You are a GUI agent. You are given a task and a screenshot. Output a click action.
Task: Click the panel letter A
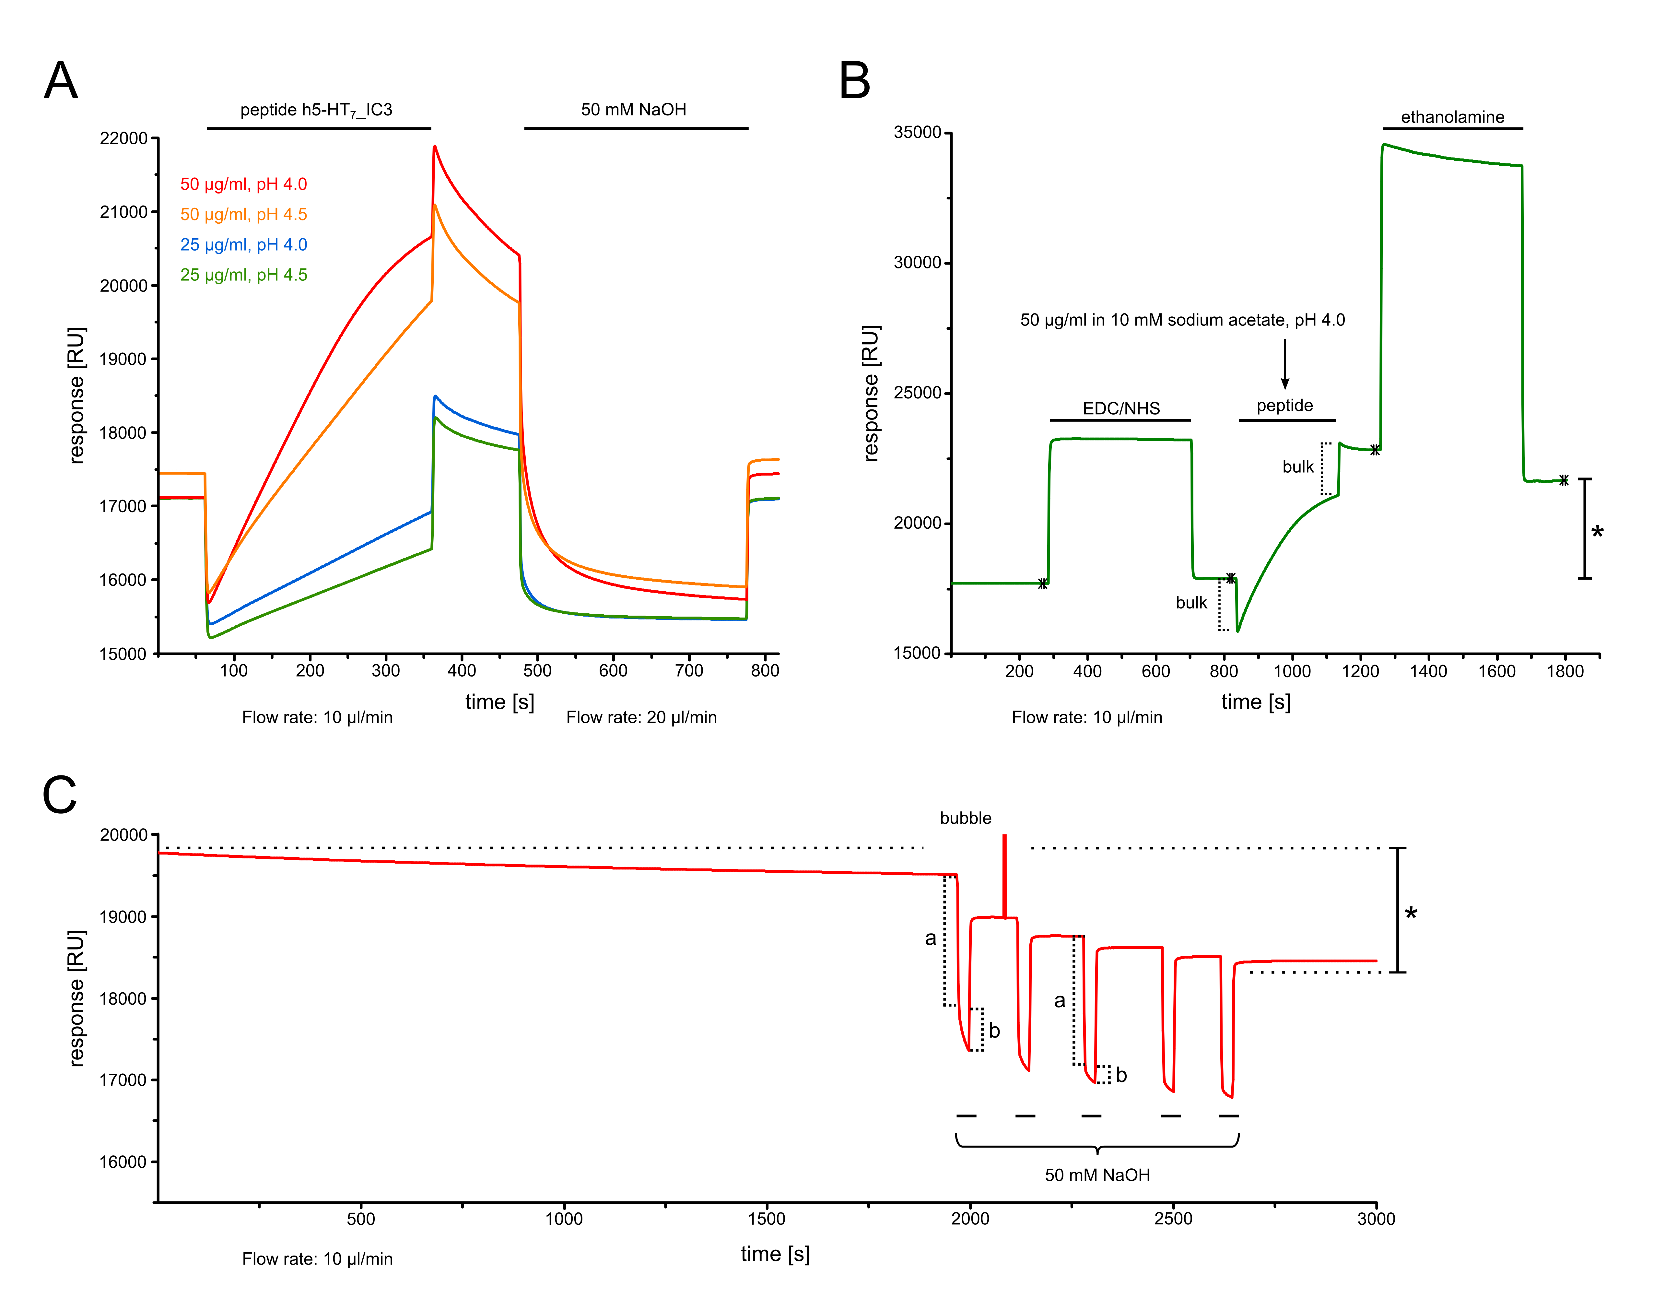(x=61, y=80)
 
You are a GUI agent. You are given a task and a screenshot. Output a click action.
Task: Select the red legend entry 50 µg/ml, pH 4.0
(x=243, y=184)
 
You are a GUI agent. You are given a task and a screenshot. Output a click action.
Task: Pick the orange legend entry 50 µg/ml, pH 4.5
(x=243, y=214)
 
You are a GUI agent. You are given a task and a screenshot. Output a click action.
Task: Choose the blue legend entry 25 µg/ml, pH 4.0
(x=243, y=245)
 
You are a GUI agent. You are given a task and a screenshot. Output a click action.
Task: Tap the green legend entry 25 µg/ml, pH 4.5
(x=243, y=275)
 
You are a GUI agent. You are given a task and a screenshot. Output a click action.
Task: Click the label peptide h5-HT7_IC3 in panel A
(x=316, y=110)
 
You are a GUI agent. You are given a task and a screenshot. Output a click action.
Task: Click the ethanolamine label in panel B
(x=1452, y=117)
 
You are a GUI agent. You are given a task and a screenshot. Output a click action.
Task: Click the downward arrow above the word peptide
(x=1284, y=365)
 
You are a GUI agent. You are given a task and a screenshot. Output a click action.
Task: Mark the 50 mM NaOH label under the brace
(x=1097, y=1175)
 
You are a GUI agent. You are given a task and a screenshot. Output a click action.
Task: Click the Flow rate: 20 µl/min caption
(x=641, y=717)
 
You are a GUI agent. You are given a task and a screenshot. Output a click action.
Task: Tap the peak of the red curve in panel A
(x=435, y=147)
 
